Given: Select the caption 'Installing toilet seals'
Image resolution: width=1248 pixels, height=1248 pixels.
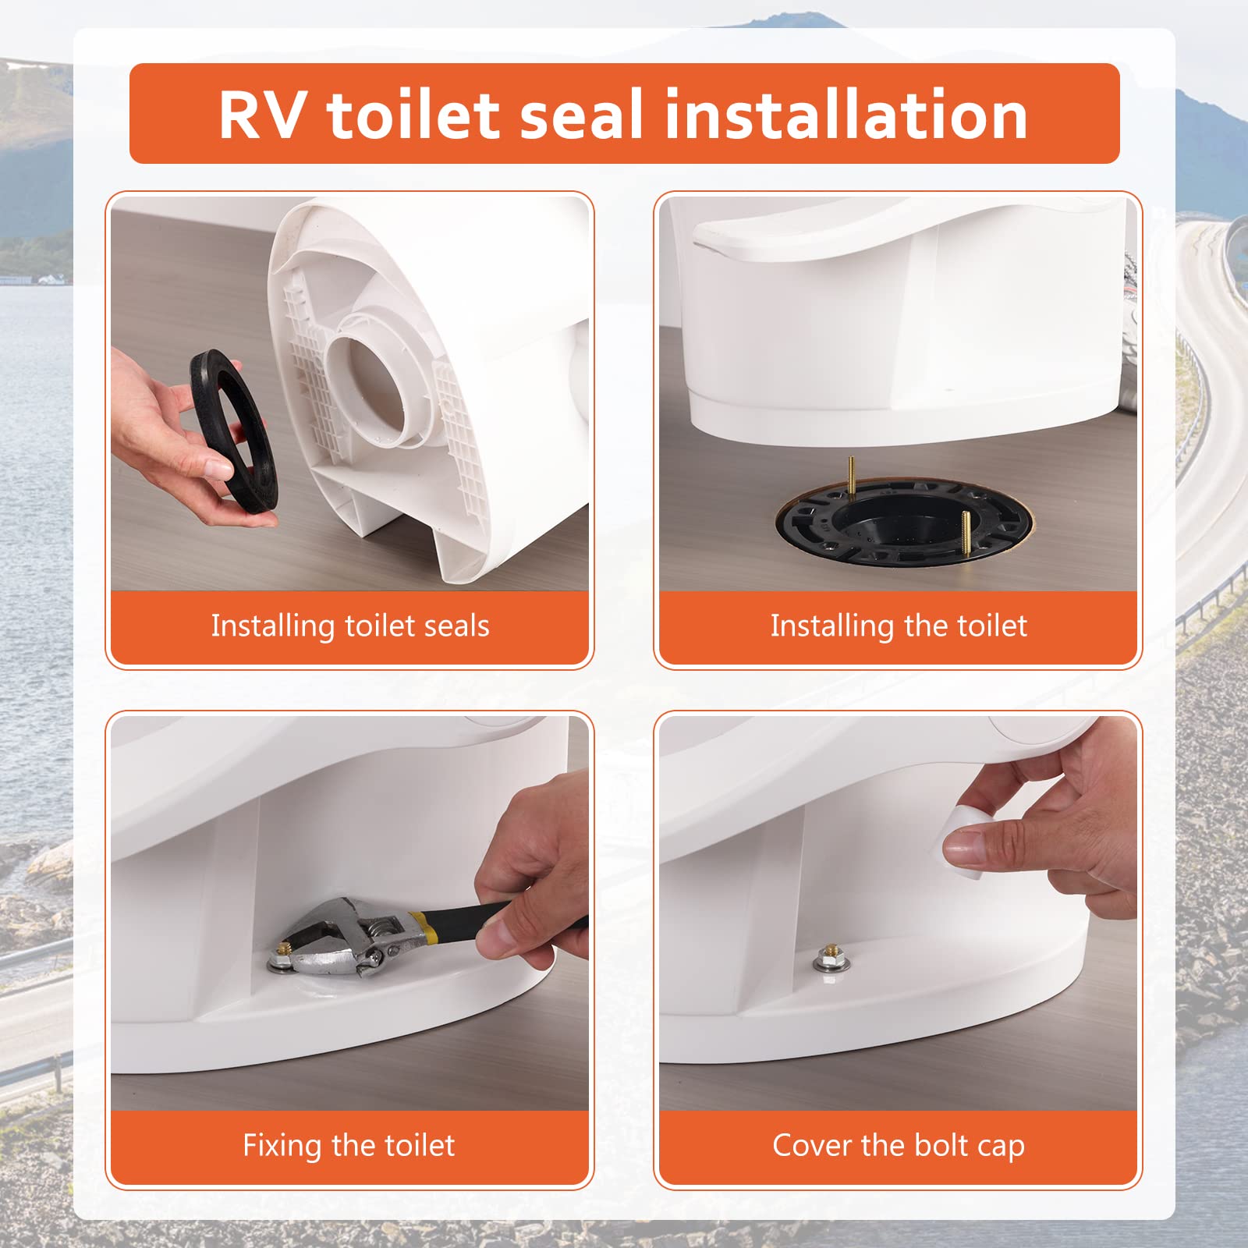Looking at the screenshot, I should click(350, 626).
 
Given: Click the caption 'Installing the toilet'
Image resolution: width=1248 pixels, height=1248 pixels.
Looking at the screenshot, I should click(899, 626).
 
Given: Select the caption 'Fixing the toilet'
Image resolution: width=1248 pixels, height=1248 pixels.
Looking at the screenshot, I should click(349, 1146).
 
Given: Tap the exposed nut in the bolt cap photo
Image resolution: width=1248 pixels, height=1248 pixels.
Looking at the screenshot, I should click(829, 958).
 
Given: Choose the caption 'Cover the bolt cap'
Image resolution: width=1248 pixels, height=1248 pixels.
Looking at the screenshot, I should click(899, 1146).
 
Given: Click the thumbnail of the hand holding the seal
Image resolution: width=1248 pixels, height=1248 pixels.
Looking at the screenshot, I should click(350, 394).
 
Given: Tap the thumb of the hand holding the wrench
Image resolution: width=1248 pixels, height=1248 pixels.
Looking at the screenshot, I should click(499, 940).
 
